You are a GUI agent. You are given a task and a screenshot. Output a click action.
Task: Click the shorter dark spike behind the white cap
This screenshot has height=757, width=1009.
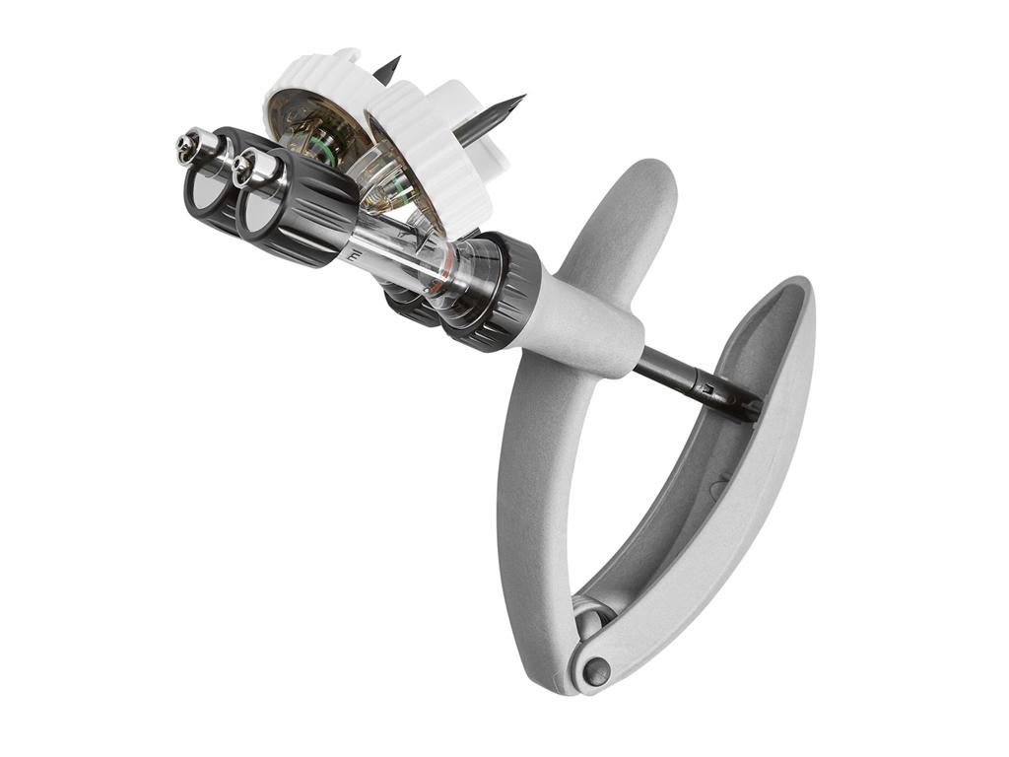(386, 69)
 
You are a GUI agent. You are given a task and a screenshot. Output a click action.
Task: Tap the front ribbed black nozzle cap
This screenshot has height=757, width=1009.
(296, 207)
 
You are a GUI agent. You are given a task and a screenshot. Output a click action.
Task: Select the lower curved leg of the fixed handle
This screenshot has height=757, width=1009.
(532, 513)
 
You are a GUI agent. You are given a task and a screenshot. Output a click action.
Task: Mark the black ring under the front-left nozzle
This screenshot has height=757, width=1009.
(202, 192)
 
